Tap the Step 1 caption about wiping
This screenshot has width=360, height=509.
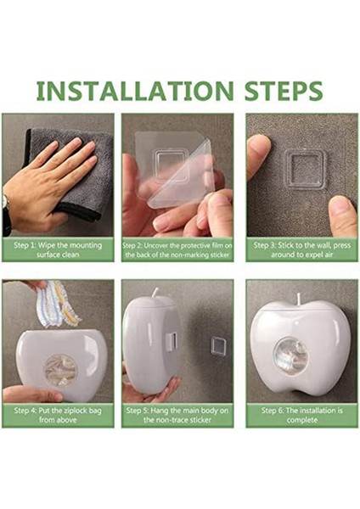(58, 249)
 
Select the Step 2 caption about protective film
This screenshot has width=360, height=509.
(177, 250)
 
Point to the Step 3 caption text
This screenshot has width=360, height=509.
(302, 249)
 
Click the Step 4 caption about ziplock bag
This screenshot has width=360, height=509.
(58, 415)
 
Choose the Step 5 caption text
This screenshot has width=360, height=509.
(177, 415)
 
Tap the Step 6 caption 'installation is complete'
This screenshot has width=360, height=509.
(302, 415)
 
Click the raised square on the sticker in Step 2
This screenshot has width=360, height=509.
(172, 165)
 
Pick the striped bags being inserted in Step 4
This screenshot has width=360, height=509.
(59, 304)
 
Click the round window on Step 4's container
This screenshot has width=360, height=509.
(61, 371)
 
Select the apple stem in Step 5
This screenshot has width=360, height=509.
(155, 293)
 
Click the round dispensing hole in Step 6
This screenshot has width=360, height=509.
(290, 355)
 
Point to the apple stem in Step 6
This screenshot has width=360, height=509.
(298, 299)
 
